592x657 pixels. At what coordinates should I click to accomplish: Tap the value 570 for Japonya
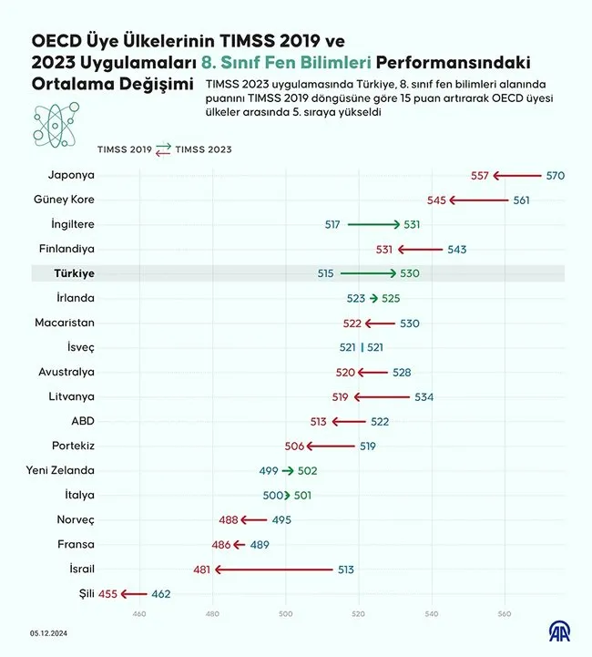(x=555, y=175)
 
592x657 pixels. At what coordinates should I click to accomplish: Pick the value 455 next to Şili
(x=107, y=594)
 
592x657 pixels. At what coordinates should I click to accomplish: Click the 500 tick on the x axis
(x=286, y=613)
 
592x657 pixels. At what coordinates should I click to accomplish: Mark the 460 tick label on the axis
(x=139, y=613)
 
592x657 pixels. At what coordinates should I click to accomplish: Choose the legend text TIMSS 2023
(x=203, y=149)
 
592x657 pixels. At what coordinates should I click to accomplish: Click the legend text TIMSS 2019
(x=125, y=149)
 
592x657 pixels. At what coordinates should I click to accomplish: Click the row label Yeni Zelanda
(x=61, y=470)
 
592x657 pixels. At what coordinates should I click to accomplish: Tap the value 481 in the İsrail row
(x=202, y=570)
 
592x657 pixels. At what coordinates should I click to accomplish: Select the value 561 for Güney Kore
(x=521, y=200)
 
